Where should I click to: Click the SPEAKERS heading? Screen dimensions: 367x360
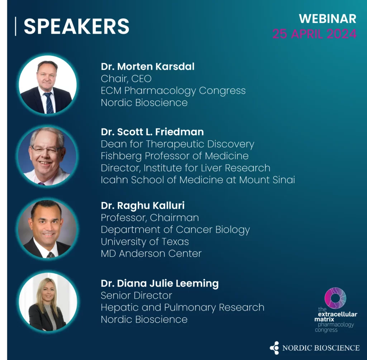click(77, 26)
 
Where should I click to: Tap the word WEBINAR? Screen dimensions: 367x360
click(328, 19)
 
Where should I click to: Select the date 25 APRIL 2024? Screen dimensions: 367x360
click(315, 34)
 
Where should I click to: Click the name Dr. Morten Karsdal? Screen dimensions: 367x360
click(147, 67)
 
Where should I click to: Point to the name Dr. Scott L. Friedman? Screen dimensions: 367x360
click(152, 132)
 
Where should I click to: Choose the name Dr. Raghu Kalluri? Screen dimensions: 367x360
click(143, 206)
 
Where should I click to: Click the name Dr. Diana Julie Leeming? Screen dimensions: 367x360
click(159, 283)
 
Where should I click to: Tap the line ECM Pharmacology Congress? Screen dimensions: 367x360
click(173, 91)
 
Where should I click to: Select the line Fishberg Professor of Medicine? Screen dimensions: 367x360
click(175, 156)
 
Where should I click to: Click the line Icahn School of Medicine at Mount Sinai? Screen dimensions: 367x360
click(198, 180)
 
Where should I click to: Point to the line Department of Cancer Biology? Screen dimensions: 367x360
click(175, 230)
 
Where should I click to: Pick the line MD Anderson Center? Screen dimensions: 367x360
click(151, 254)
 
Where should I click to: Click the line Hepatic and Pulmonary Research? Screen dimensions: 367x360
click(182, 308)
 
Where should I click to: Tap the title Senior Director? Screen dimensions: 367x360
click(137, 295)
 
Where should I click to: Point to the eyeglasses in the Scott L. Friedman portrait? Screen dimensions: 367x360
click(46, 149)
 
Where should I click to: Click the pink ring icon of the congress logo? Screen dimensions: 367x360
click(335, 298)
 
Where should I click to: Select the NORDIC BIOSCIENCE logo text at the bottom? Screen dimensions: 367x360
click(321, 348)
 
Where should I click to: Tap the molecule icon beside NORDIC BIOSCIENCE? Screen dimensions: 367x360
click(274, 348)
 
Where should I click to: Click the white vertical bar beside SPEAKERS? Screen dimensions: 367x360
click(16, 26)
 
